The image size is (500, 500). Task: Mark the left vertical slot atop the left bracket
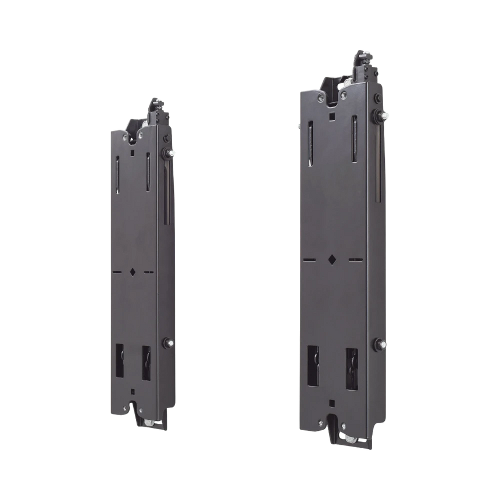click(x=117, y=174)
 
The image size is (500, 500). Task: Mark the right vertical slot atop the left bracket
click(x=148, y=173)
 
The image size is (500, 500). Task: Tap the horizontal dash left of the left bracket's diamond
click(x=117, y=270)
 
